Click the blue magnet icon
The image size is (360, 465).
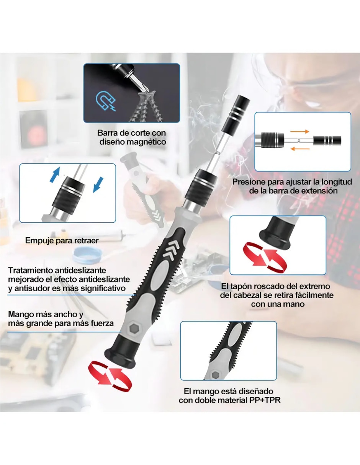click(105, 101)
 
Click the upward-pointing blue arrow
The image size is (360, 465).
click(55, 175)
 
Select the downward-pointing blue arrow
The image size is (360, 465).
click(98, 185)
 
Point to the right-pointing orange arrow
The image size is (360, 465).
click(299, 131)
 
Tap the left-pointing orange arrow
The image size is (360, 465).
click(300, 148)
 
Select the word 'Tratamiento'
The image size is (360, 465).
click(30, 270)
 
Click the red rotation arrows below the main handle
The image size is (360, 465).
click(110, 376)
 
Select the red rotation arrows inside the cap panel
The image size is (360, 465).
click(265, 258)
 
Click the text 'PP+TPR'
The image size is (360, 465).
click(265, 400)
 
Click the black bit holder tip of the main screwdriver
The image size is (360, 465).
click(236, 114)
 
